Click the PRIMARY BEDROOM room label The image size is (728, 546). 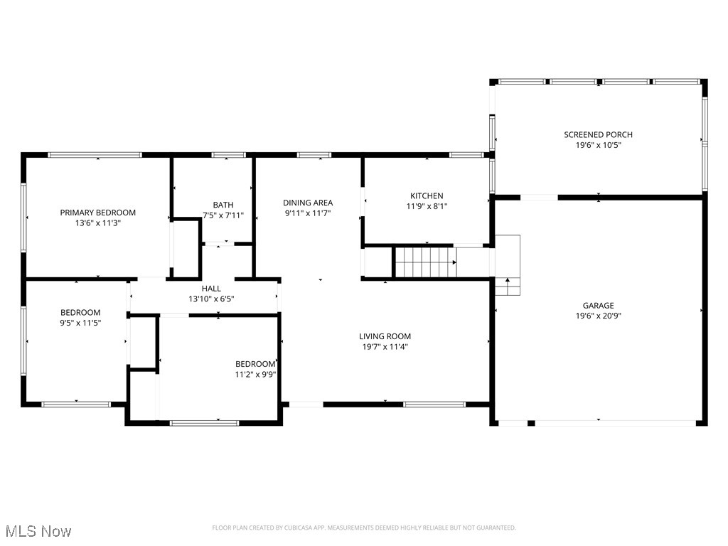(x=97, y=213)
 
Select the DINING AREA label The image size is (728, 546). (x=308, y=203)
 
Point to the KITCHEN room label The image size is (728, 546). (x=427, y=196)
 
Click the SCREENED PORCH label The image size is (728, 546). (x=598, y=134)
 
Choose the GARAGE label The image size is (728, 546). (x=598, y=306)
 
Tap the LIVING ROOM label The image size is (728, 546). (x=385, y=336)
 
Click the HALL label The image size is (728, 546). (x=211, y=289)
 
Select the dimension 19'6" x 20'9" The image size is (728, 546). (x=598, y=316)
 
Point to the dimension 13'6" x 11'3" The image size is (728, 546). (x=97, y=223)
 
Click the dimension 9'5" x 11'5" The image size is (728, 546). (x=80, y=323)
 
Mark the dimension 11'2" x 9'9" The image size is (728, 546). (x=255, y=374)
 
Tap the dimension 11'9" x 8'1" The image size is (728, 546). (x=427, y=206)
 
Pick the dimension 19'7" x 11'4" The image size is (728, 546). (x=385, y=347)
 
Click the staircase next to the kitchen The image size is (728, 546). (x=425, y=262)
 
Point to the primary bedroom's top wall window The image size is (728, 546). (x=95, y=154)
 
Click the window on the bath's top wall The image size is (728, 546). (x=228, y=154)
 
